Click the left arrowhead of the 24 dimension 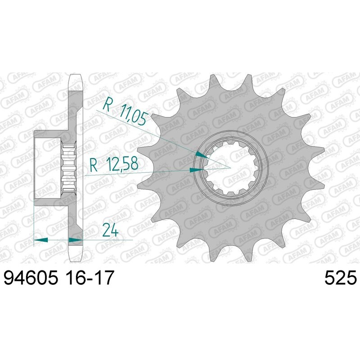click(x=40, y=240)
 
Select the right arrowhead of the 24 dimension click(x=74, y=240)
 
